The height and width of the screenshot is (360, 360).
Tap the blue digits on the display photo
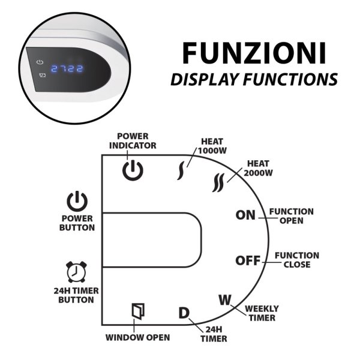click(66, 68)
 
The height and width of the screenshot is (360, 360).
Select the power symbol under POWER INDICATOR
click(133, 170)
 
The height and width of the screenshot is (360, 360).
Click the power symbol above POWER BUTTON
click(77, 202)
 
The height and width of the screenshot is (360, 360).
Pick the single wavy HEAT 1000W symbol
click(180, 171)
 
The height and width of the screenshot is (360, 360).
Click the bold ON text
click(245, 215)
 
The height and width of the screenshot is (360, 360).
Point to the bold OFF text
click(247, 260)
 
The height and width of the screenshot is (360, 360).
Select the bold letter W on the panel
click(224, 299)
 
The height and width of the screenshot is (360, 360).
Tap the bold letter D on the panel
click(184, 313)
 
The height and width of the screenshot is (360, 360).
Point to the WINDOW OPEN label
click(137, 337)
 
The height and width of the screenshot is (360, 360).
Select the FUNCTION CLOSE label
click(296, 260)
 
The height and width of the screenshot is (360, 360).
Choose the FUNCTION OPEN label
click(291, 216)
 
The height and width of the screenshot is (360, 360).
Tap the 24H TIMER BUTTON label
click(76, 295)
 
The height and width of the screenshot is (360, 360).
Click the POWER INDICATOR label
click(137, 140)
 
